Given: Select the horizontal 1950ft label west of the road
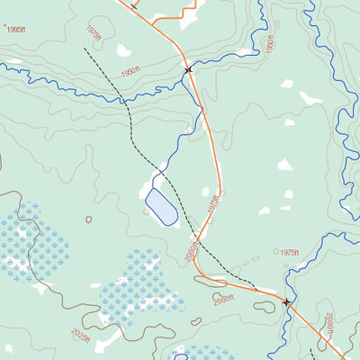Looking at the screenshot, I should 130,70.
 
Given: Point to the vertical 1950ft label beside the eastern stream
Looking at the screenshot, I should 269,44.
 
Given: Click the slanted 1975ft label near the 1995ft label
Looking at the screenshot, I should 94,32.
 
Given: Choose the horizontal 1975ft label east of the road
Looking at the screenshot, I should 289,253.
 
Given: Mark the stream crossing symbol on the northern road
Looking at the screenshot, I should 188,69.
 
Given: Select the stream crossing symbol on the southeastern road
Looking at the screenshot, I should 287,302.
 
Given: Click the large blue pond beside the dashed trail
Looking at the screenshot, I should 160,207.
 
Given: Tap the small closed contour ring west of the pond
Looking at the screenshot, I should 88,219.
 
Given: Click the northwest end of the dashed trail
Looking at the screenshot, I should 85,49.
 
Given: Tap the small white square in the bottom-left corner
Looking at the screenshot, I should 8,348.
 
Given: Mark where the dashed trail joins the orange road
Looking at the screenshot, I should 259,290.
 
